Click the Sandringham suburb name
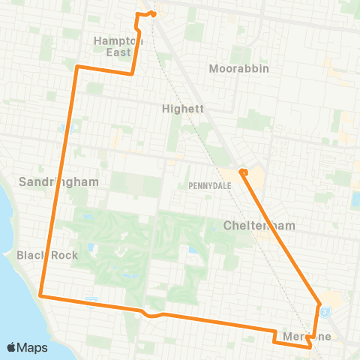49,181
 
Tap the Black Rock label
47,255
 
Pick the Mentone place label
307,337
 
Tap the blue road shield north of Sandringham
64,127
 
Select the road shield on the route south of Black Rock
92,301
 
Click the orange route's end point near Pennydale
243,172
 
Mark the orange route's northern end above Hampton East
151,13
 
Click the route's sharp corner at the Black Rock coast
40,296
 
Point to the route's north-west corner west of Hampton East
77,67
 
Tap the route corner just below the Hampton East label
133,73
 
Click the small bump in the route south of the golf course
152,316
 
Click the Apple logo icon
12,347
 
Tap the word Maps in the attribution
33,347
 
